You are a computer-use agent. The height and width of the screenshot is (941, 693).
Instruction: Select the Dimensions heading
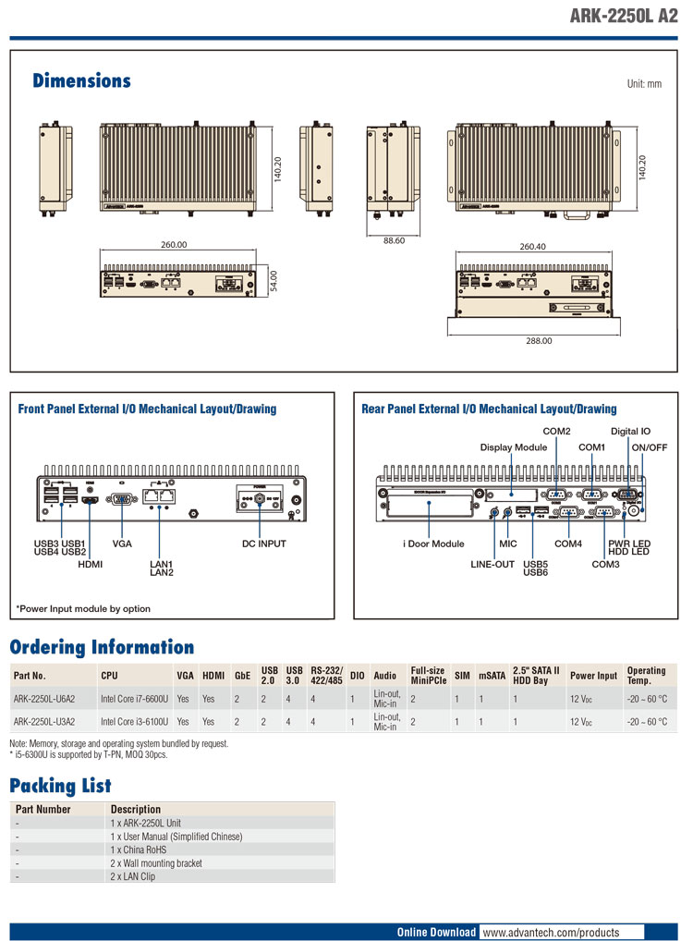[x=81, y=81]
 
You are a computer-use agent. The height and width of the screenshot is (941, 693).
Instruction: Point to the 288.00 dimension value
[x=539, y=340]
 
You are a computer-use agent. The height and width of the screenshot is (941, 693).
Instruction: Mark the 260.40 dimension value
[x=532, y=247]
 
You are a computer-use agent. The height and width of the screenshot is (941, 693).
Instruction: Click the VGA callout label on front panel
[x=122, y=544]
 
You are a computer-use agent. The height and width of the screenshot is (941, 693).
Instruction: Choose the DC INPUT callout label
[x=264, y=544]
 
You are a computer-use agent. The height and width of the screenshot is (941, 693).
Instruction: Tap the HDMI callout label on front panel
[x=91, y=563]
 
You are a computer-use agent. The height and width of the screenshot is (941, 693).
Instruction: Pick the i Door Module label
[x=432, y=544]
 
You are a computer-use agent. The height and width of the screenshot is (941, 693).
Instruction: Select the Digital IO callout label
[x=630, y=432]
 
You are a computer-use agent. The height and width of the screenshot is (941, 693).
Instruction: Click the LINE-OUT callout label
[x=492, y=564]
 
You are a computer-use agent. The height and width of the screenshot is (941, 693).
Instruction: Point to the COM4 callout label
[x=568, y=544]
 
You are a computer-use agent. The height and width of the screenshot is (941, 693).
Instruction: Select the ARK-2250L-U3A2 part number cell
[x=44, y=721]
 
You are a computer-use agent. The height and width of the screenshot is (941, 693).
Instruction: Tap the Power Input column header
[x=593, y=676]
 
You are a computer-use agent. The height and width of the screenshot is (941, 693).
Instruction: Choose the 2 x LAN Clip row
[x=133, y=875]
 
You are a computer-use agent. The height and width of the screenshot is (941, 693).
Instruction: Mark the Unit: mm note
[x=644, y=83]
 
